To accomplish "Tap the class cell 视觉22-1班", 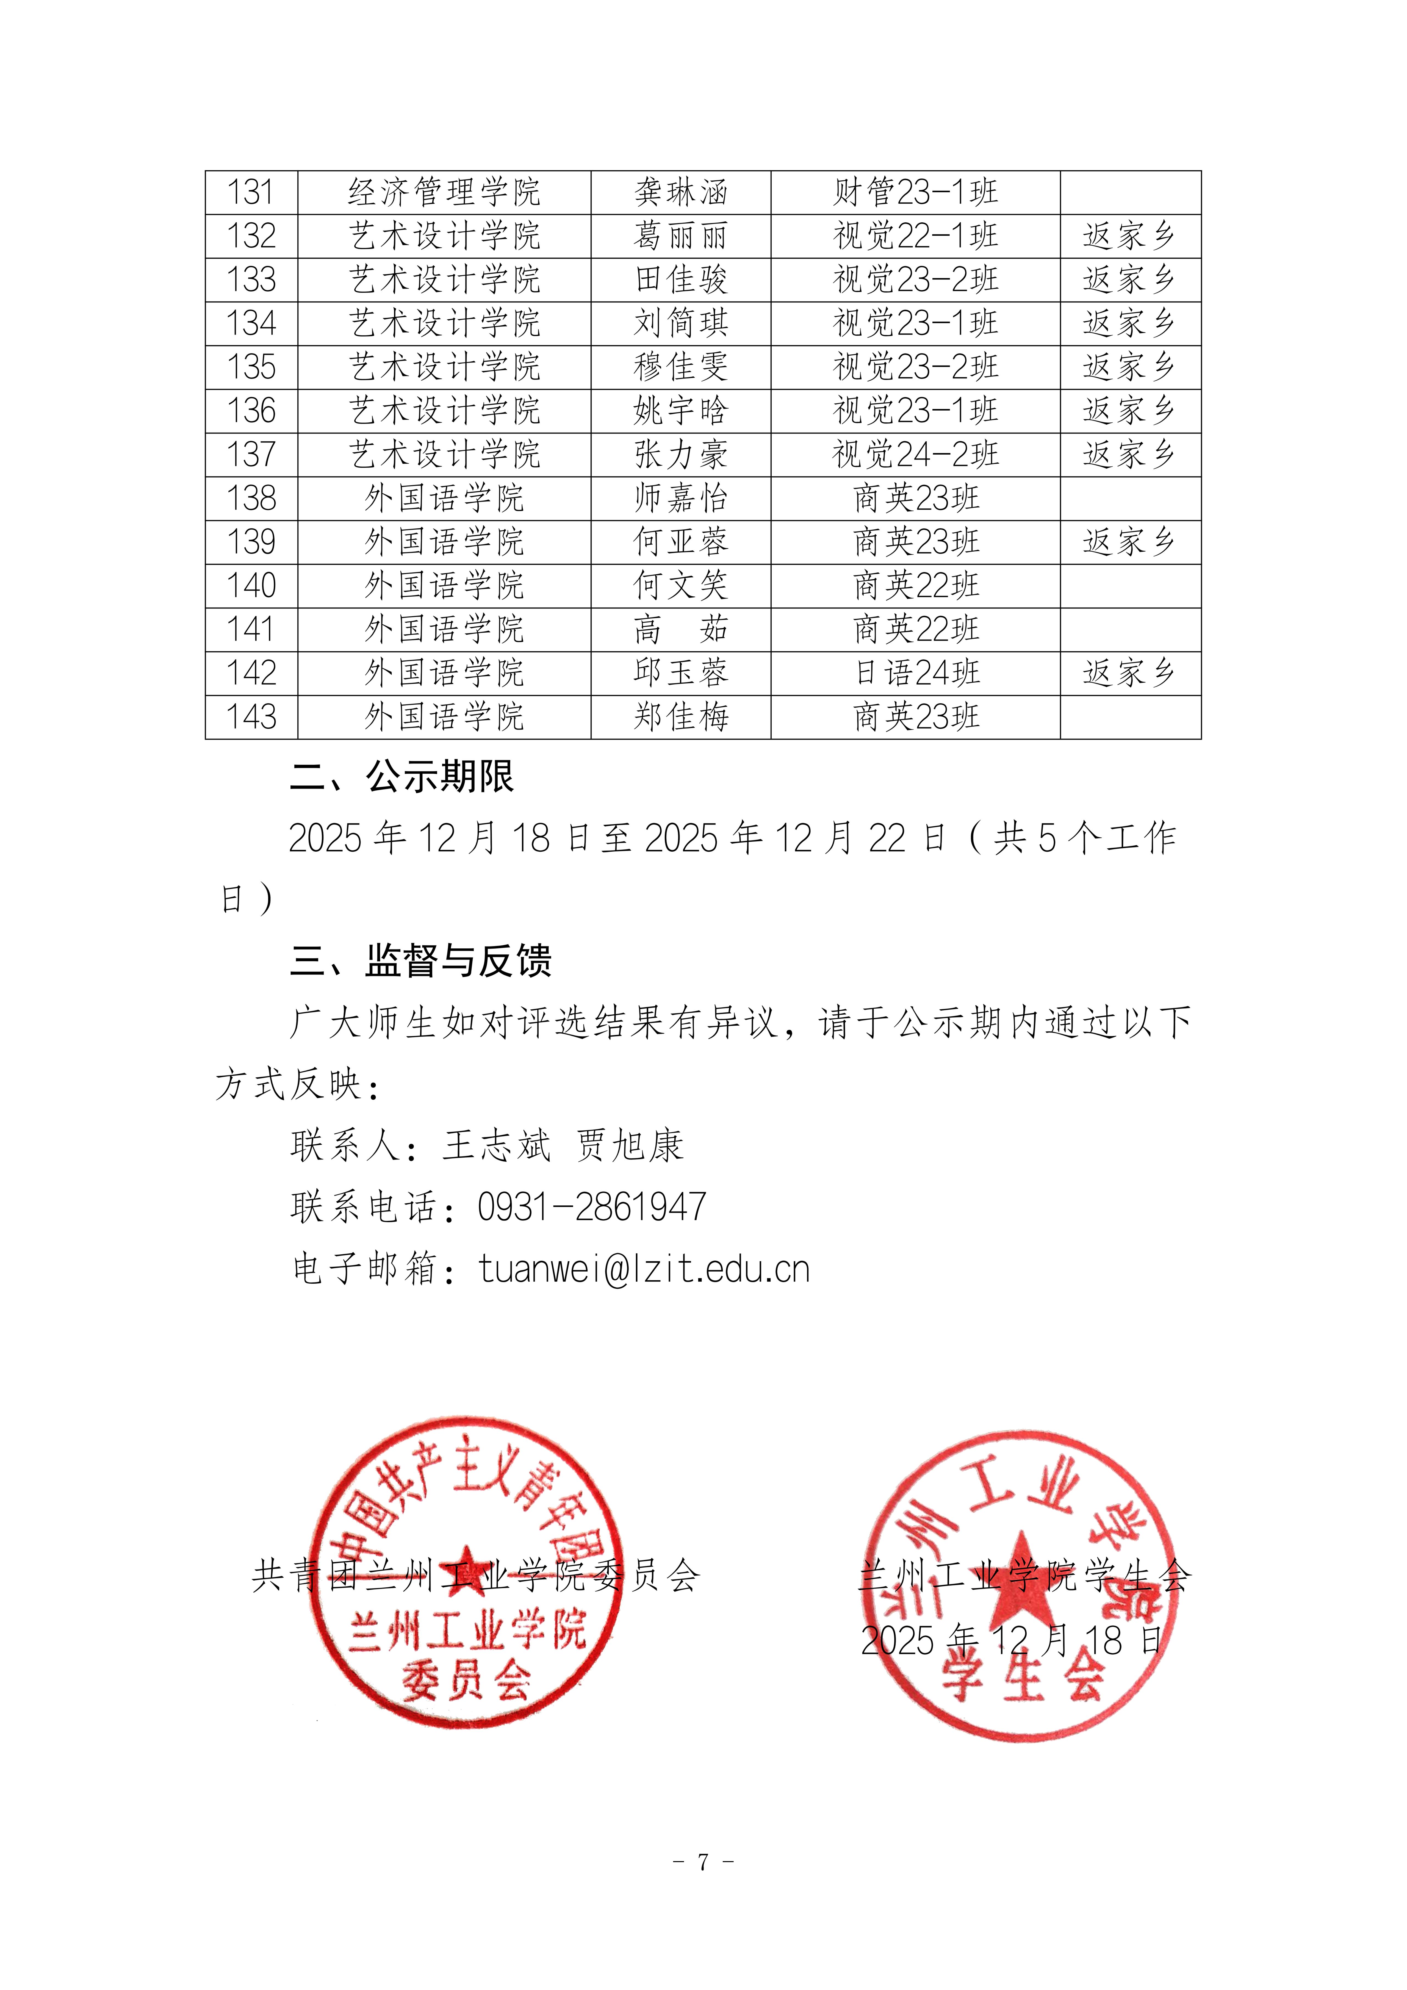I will click(x=915, y=236).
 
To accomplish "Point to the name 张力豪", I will click(x=680, y=454).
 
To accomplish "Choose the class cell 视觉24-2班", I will click(x=915, y=454).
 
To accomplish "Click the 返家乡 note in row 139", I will click(x=1129, y=542).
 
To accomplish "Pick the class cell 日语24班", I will click(x=915, y=672).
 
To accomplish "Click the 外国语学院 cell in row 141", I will click(x=444, y=629).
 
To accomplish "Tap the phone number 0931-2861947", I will click(x=592, y=1206).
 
